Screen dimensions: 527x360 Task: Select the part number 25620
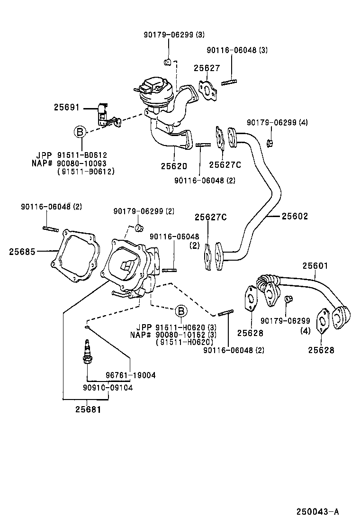pos(173,166)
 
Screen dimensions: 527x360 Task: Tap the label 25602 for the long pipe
pos(295,216)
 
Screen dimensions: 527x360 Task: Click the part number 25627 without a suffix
pos(207,68)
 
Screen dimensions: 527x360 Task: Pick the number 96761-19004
pos(131,375)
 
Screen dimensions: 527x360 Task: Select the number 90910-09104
pos(108,387)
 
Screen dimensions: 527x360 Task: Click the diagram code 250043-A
pos(318,511)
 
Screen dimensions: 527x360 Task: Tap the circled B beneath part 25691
pos(80,132)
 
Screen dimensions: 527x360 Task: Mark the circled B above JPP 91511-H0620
pos(180,311)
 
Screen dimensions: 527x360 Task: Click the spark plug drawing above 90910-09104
pos(87,352)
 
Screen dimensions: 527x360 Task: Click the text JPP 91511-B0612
pos(71,155)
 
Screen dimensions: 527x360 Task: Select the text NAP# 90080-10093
pos(71,163)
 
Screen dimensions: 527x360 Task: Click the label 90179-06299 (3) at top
pos(174,35)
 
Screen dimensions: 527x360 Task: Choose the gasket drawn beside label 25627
pos(207,91)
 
